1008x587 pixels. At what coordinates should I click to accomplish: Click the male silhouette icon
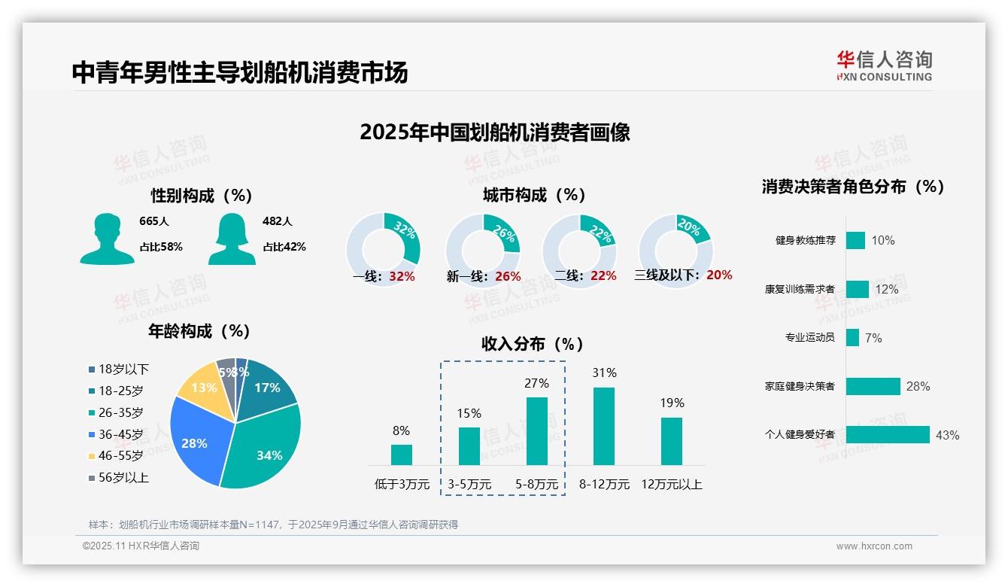point(107,239)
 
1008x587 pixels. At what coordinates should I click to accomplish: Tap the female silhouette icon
point(232,239)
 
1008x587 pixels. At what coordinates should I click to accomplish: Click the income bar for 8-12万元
point(604,426)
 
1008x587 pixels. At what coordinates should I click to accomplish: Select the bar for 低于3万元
point(402,455)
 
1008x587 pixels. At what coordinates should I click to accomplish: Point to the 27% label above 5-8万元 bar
point(536,383)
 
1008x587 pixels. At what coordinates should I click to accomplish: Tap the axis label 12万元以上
point(671,485)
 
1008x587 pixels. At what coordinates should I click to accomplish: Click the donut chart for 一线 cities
point(383,251)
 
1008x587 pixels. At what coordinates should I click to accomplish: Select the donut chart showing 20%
point(676,251)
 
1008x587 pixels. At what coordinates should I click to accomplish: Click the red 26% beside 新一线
point(508,276)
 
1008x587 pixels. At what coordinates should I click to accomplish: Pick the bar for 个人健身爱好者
point(888,435)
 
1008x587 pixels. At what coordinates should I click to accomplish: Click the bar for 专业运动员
point(852,337)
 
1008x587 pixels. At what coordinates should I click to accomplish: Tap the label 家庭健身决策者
point(800,386)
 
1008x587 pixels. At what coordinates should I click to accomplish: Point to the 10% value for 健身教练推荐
point(883,241)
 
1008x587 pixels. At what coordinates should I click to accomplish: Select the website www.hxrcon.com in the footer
point(874,546)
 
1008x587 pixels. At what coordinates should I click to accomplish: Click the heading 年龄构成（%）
point(199,331)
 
